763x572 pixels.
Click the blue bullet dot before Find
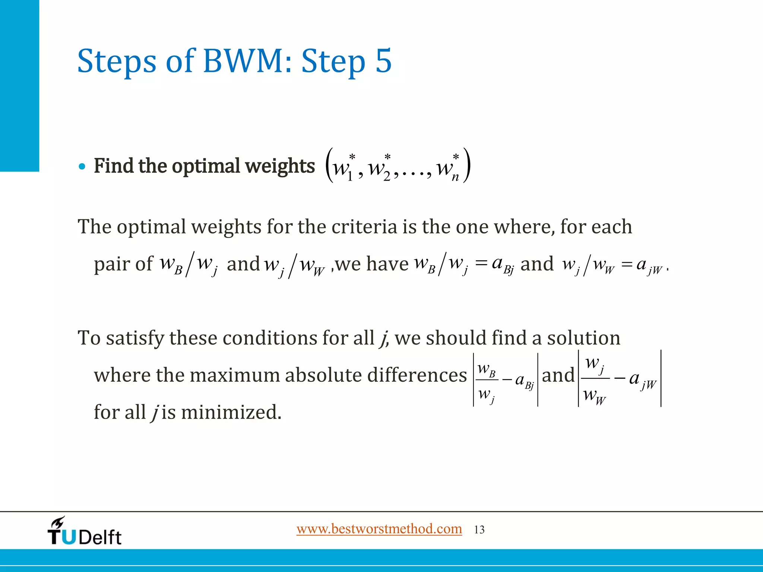pyautogui.click(x=82, y=166)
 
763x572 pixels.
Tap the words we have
pyautogui.click(x=372, y=264)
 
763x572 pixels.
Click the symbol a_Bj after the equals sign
pyautogui.click(x=503, y=265)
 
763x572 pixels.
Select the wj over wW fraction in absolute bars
pyautogui.click(x=595, y=379)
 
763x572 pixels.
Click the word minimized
pyautogui.click(x=231, y=412)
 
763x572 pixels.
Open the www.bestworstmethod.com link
pyautogui.click(x=379, y=529)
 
